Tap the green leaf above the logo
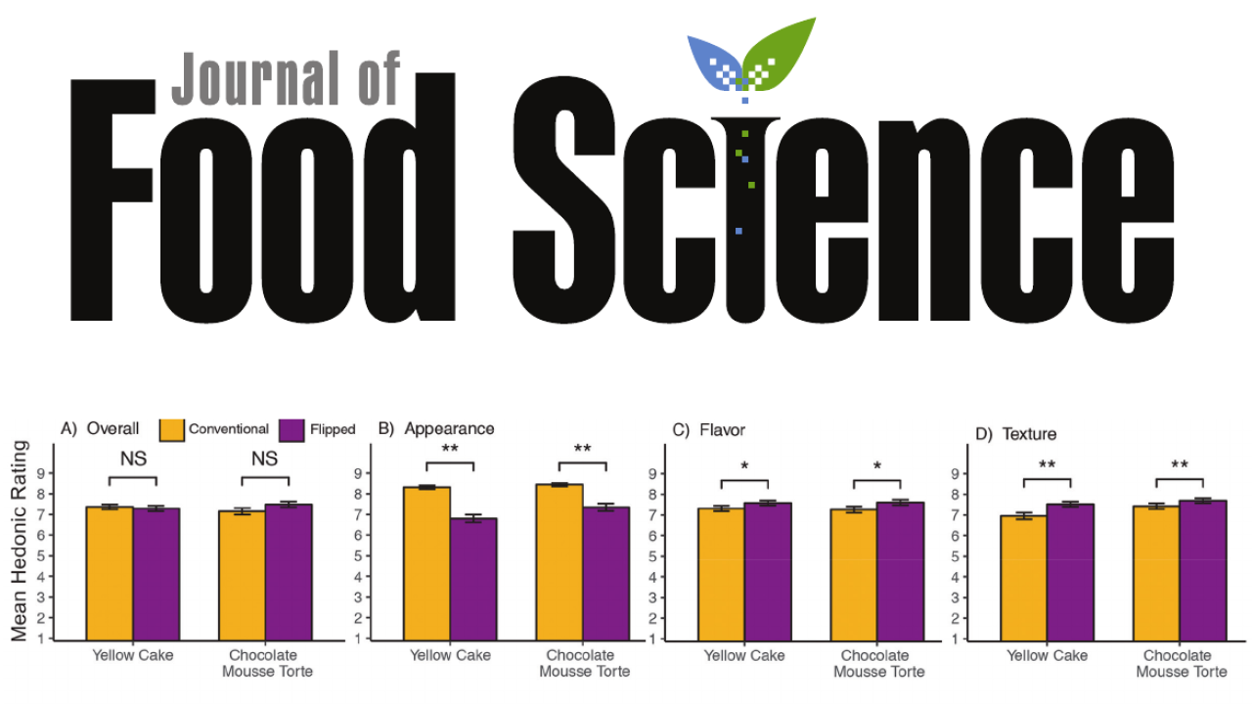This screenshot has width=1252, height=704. click(x=783, y=54)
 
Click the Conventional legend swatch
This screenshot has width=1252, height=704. click(x=172, y=429)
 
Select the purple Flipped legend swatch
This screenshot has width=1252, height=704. click(x=292, y=429)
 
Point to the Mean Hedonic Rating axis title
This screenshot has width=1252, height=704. click(x=20, y=541)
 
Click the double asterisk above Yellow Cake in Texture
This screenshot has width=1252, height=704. click(x=1047, y=464)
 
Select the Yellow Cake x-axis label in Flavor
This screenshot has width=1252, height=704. click(x=744, y=656)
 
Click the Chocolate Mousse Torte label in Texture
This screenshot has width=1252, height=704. click(x=1181, y=663)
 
